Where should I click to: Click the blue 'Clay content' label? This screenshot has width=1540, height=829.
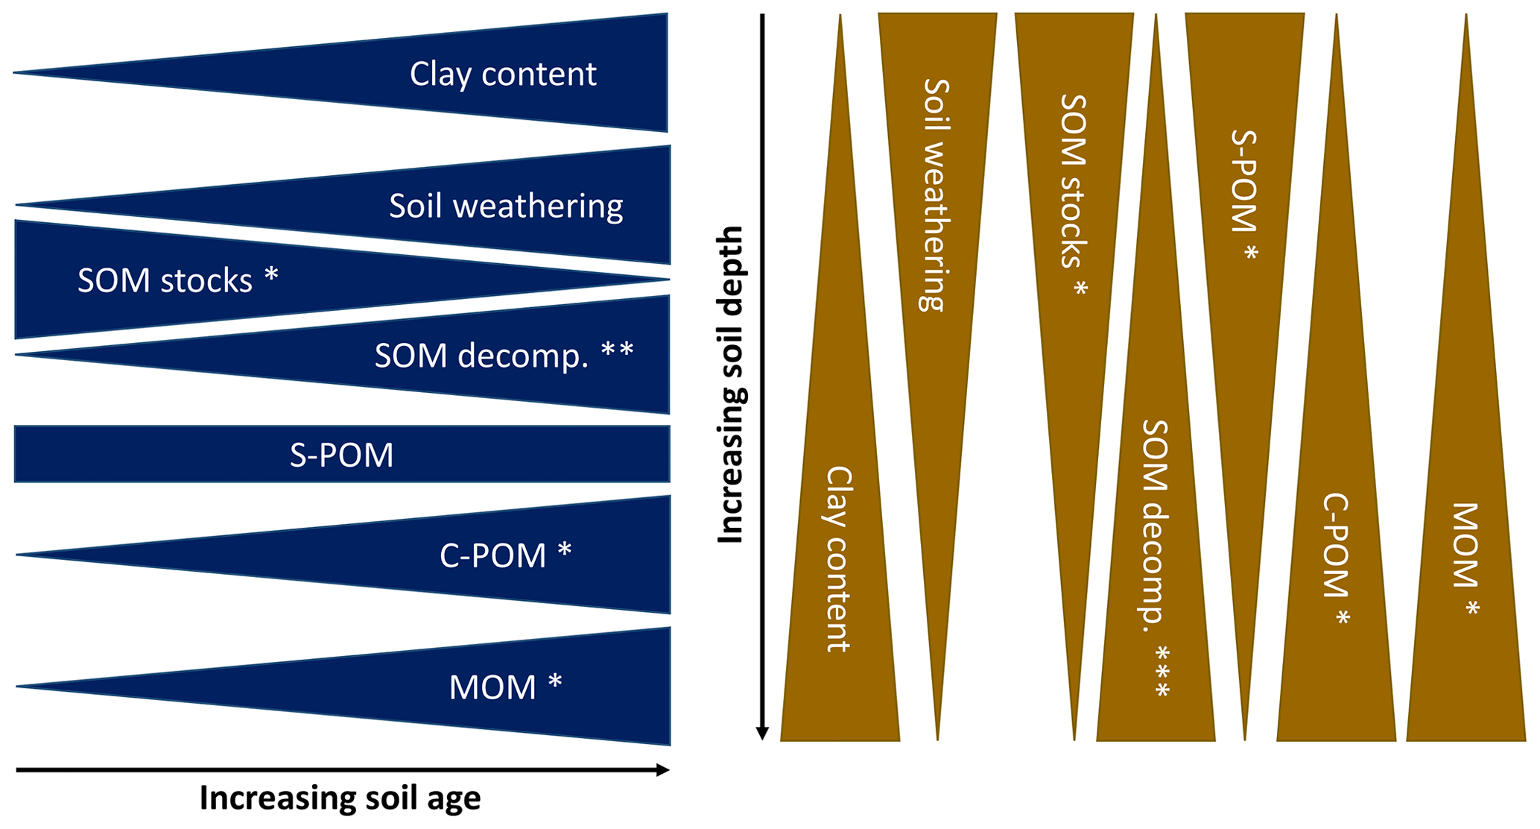pyautogui.click(x=503, y=74)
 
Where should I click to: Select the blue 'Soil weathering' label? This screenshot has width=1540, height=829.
pyautogui.click(x=506, y=206)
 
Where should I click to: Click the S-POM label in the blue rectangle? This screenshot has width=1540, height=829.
pyautogui.click(x=341, y=455)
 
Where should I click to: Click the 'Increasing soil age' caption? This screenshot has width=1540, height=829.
pyautogui.click(x=340, y=798)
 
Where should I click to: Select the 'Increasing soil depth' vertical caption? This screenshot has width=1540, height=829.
pyautogui.click(x=730, y=385)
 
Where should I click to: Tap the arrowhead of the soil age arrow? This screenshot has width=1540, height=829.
pyautogui.click(x=663, y=770)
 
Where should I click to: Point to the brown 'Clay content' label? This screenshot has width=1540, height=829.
pyautogui.click(x=839, y=559)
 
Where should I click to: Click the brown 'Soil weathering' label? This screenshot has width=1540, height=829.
pyautogui.click(x=936, y=195)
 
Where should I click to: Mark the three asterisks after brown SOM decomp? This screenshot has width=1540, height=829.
pyautogui.click(x=1162, y=672)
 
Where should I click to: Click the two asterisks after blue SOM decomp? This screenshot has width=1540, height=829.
pyautogui.click(x=618, y=350)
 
